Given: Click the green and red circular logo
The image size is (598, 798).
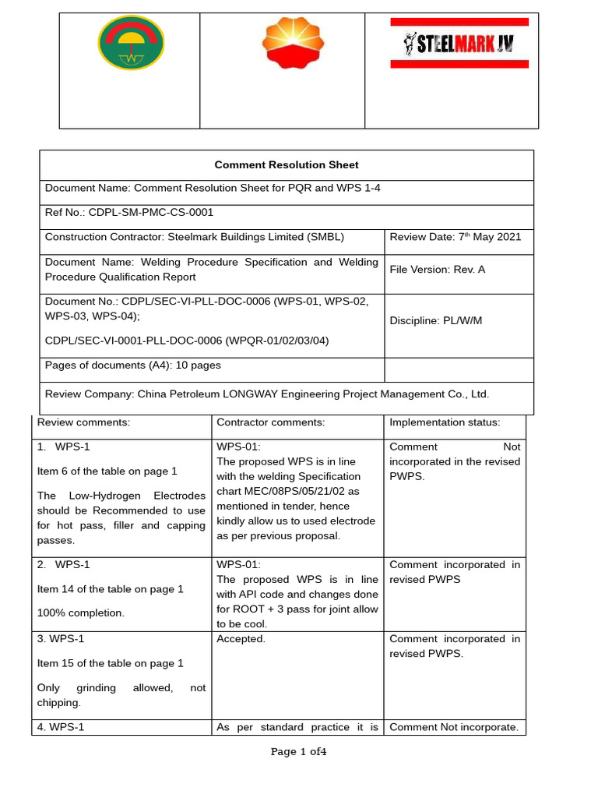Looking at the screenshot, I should [x=131, y=43].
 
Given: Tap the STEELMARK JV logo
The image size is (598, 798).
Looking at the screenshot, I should [x=459, y=43].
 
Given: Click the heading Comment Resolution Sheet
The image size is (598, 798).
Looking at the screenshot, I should [x=287, y=164].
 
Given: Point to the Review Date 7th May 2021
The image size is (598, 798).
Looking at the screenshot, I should [x=456, y=237].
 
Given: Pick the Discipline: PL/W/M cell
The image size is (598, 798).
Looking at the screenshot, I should [x=435, y=320].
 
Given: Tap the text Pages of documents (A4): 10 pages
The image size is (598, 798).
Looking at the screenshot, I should [x=133, y=365].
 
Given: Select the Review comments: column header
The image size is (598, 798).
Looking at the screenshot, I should [x=83, y=422].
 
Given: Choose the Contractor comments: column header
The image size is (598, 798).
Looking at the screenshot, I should [x=270, y=422].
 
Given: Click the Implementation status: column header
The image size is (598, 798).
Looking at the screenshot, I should [x=445, y=422].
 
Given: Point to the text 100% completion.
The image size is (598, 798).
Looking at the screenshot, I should [x=81, y=613].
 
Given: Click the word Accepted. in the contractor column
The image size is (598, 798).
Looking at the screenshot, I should [x=241, y=639].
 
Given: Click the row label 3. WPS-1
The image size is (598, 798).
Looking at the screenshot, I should [x=61, y=639].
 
